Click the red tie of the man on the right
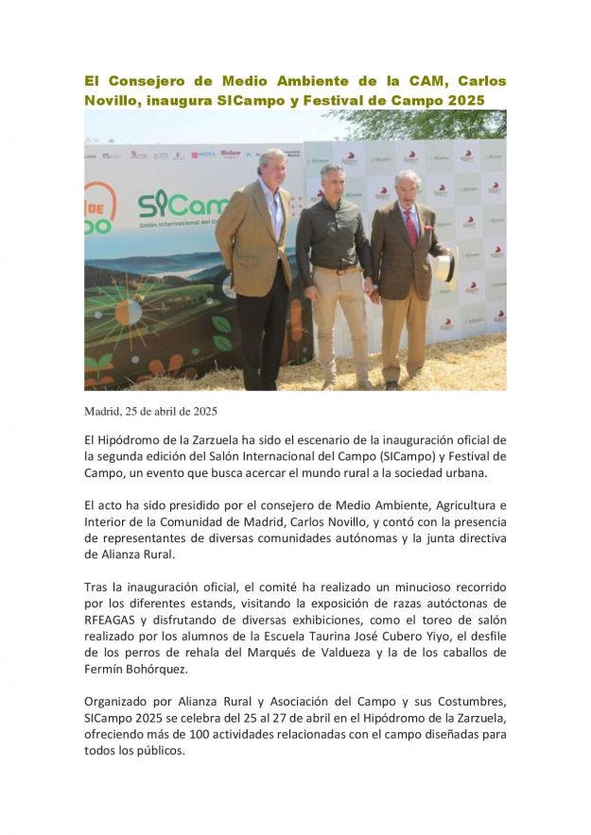[410, 227]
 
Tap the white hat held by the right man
[448, 267]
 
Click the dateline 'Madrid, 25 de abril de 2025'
[151, 411]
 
